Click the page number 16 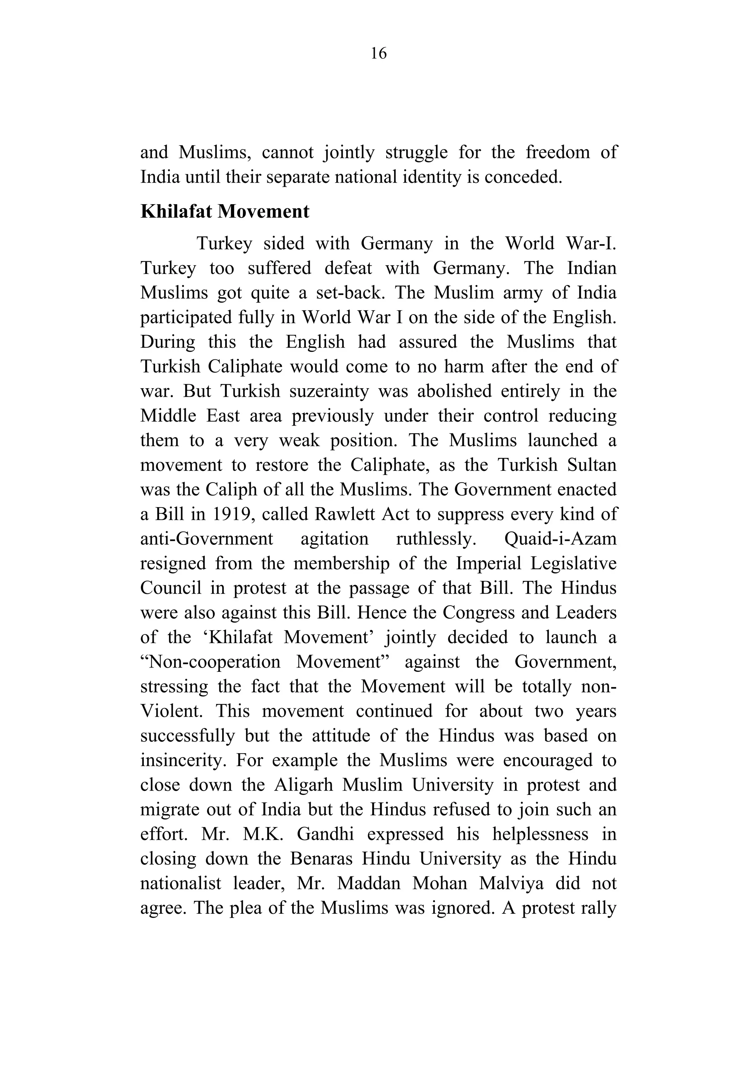[378, 54]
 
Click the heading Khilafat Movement [225, 211]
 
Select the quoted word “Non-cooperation [210, 662]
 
